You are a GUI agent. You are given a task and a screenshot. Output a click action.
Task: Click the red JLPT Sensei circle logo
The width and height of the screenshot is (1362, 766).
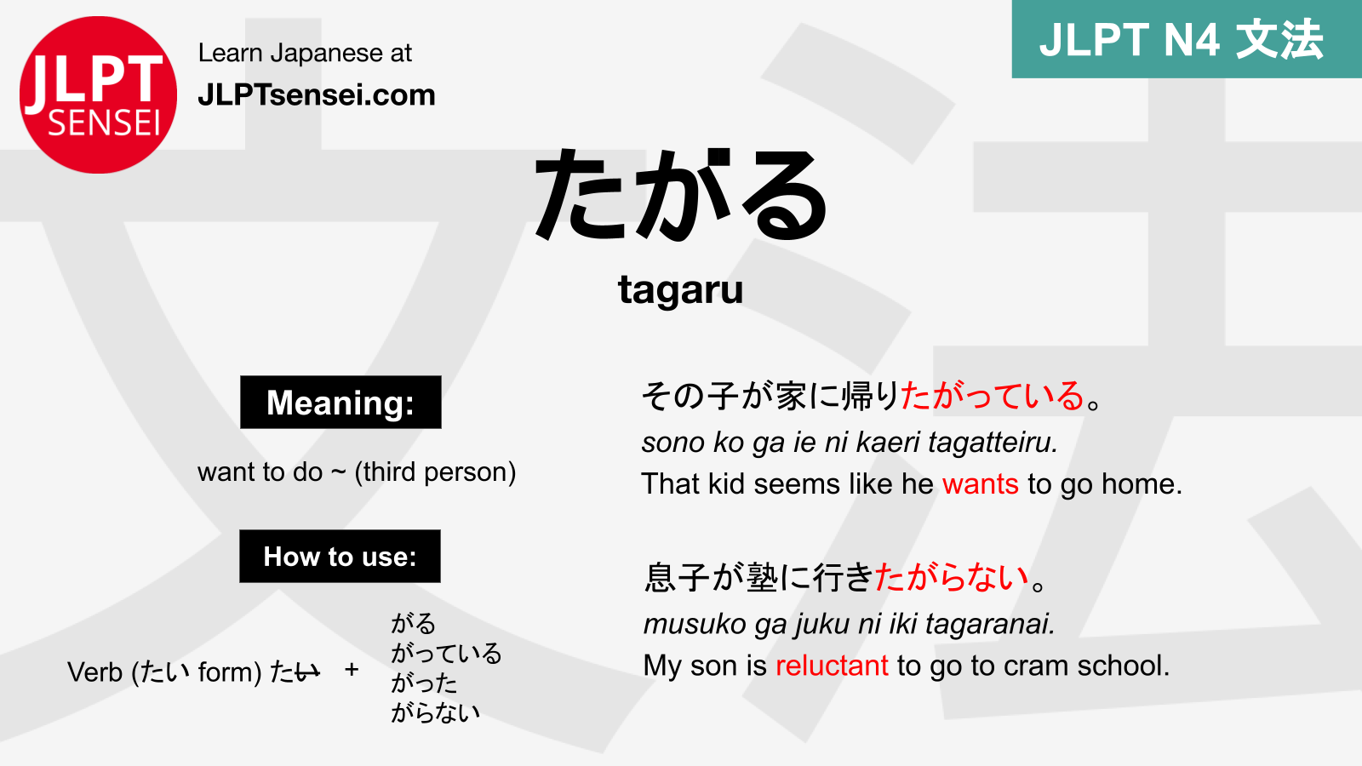pyautogui.click(x=98, y=94)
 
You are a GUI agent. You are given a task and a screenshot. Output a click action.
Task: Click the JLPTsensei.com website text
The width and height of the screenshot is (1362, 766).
pyautogui.click(x=316, y=94)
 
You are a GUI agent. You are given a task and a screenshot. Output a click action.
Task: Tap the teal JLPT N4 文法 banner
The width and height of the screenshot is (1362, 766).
pyautogui.click(x=1186, y=39)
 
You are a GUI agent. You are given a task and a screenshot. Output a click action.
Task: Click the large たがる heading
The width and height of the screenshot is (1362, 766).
pyautogui.click(x=681, y=196)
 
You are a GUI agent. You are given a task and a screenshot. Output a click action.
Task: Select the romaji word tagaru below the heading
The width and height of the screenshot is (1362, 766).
pyautogui.click(x=680, y=289)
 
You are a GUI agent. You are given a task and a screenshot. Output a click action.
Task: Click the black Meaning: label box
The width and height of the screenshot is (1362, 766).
pyautogui.click(x=340, y=402)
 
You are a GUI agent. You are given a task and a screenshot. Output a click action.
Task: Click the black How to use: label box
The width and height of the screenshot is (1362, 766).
pyautogui.click(x=340, y=557)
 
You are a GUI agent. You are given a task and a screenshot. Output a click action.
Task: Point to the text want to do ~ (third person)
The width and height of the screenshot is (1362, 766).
pyautogui.click(x=357, y=472)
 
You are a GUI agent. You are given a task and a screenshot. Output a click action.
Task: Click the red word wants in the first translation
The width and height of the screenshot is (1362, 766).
pyautogui.click(x=980, y=483)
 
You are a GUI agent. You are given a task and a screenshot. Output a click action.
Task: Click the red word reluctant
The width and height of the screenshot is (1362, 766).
pyautogui.click(x=832, y=665)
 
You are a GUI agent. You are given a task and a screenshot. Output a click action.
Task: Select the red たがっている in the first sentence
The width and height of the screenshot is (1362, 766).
pyautogui.click(x=992, y=396)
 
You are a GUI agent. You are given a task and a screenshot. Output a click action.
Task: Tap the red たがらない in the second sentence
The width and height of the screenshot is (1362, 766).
pyautogui.click(x=952, y=577)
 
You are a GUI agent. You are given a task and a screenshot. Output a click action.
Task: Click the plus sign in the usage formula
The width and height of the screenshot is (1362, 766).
pyautogui.click(x=352, y=670)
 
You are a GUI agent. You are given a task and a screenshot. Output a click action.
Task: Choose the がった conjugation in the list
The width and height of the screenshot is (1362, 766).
pyautogui.click(x=424, y=683)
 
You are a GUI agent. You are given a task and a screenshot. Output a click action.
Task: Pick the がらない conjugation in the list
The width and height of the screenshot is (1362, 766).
pyautogui.click(x=435, y=712)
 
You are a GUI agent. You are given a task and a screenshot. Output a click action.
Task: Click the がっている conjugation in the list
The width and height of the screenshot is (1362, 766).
pyautogui.click(x=446, y=653)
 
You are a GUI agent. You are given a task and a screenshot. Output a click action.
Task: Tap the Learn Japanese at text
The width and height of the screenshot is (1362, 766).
pyautogui.click(x=305, y=53)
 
